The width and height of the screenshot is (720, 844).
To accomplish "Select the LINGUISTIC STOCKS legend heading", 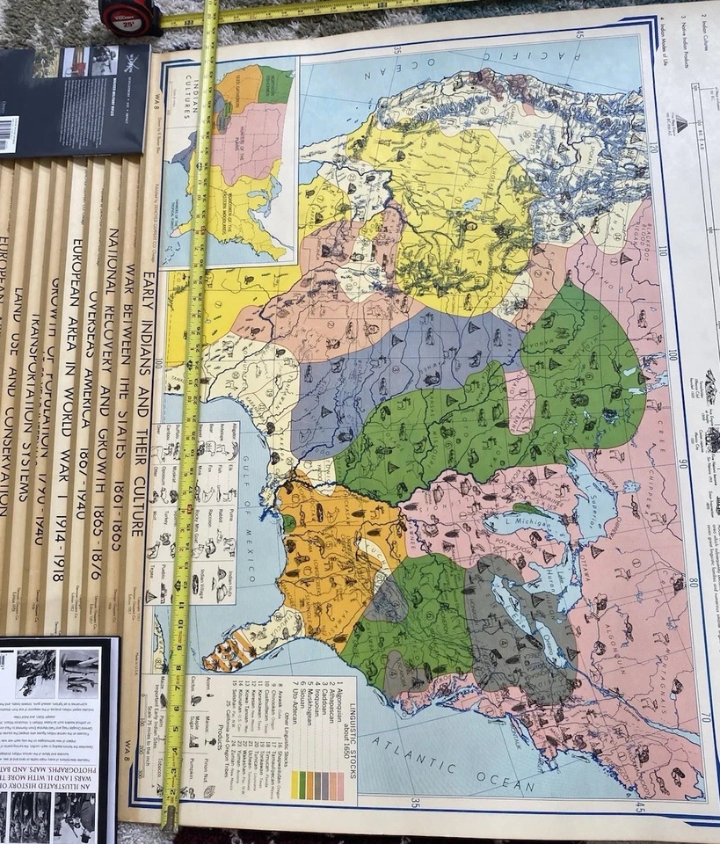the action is point(350,722).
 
